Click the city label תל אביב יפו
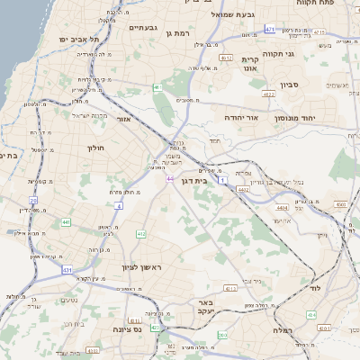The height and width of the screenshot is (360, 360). (x=76, y=40)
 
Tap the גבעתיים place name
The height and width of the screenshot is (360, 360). (x=144, y=28)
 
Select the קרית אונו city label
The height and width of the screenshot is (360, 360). (x=251, y=64)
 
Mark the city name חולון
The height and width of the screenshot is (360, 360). (x=96, y=148)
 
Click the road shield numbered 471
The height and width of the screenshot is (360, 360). (x=269, y=30)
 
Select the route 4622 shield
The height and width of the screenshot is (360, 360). (x=268, y=94)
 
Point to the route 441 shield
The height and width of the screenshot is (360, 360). (x=66, y=221)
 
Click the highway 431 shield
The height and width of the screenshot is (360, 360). (x=67, y=269)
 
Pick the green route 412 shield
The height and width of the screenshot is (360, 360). (x=141, y=234)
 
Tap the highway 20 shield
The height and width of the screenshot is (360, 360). (x=34, y=201)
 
